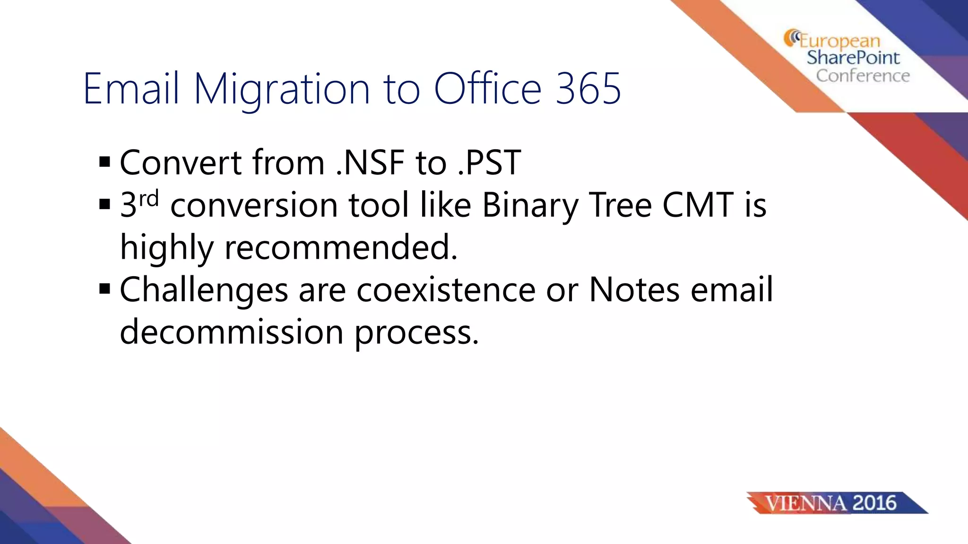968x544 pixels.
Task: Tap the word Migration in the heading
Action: tap(282, 90)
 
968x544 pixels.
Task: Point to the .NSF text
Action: tap(370, 162)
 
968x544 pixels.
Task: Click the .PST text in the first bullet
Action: tap(489, 162)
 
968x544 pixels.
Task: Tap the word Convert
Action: tap(181, 162)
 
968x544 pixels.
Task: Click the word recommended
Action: tap(341, 247)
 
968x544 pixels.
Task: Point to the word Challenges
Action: tap(204, 290)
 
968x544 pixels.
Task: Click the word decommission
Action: tap(232, 331)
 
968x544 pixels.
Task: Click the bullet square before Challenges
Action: tap(105, 289)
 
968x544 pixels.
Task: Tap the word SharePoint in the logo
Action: tap(853, 58)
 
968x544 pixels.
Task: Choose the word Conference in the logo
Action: tap(863, 76)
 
